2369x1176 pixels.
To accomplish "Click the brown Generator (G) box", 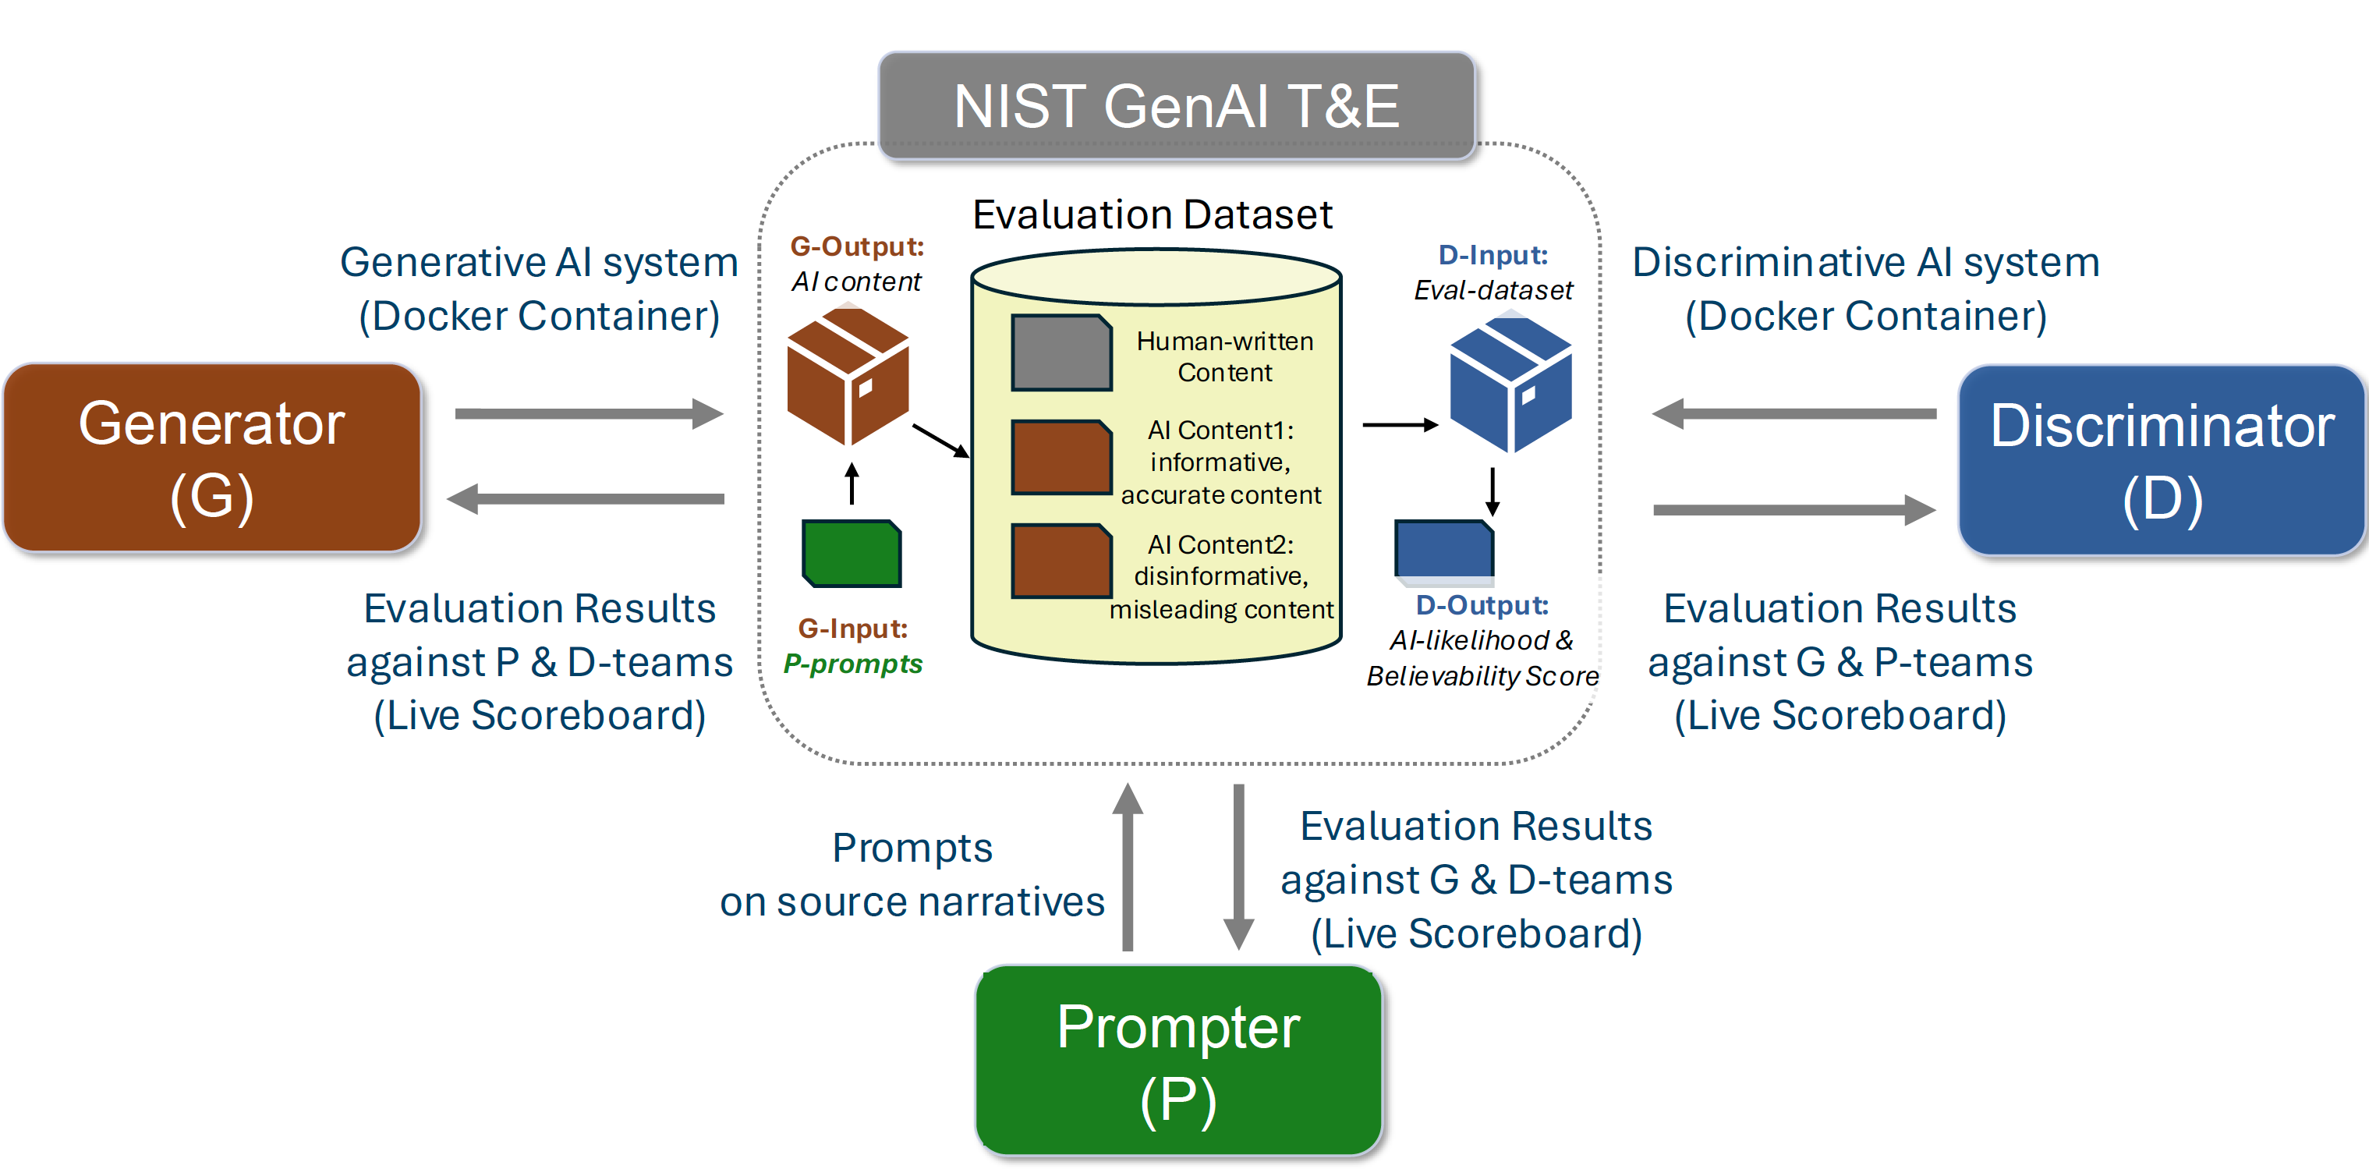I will point(211,458).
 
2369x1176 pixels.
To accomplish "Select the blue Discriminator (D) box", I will point(2161,461).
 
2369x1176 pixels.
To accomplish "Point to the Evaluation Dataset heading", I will point(1153,215).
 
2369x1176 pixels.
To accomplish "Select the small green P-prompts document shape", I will point(852,553).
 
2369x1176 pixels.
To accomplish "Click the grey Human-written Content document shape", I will point(1061,353).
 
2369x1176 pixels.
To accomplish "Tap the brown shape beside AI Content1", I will point(1061,457).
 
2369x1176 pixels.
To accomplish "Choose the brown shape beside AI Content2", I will point(1061,561).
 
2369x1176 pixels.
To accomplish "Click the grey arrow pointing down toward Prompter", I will point(1239,864).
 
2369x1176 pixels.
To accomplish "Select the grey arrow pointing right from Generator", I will point(589,414).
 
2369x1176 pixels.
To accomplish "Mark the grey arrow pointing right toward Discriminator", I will point(1794,509).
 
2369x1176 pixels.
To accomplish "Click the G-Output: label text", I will point(857,246).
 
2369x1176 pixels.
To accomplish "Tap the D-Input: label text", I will point(1493,255).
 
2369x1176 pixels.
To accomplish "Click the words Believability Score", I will point(1482,676).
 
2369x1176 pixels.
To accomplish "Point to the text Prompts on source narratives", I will point(912,874).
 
